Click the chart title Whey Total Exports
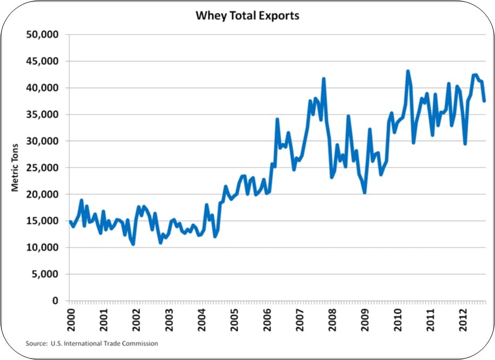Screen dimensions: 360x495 pyautogui.click(x=247, y=16)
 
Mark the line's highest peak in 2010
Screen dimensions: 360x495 pyautogui.click(x=408, y=71)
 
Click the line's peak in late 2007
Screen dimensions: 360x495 pyautogui.click(x=324, y=78)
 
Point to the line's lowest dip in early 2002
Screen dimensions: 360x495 pyautogui.click(x=133, y=244)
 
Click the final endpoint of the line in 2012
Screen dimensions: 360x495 pyautogui.click(x=484, y=101)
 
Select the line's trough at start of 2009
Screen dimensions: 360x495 pyautogui.click(x=365, y=192)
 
